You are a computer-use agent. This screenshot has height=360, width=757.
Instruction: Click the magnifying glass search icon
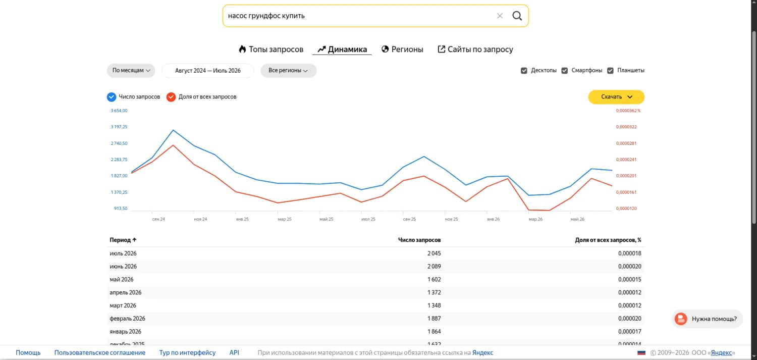(517, 16)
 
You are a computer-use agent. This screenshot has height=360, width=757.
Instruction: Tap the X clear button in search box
(500, 16)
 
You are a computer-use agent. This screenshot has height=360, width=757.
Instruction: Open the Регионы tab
(402, 49)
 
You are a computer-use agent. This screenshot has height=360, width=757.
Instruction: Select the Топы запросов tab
(271, 49)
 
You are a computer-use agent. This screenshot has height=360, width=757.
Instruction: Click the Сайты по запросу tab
(475, 49)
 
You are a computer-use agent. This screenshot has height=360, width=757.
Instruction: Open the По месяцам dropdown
(131, 70)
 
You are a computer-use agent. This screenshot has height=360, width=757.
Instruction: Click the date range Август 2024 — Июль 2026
(208, 70)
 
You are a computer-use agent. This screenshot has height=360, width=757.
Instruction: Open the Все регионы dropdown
(288, 70)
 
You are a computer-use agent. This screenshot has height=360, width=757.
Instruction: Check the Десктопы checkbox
(524, 70)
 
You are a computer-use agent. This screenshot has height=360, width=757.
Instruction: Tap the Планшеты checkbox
(610, 70)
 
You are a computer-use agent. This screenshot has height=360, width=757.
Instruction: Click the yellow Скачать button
(616, 96)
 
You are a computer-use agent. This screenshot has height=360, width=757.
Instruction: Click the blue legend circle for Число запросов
(112, 97)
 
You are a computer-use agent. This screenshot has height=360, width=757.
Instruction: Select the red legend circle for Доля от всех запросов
(171, 97)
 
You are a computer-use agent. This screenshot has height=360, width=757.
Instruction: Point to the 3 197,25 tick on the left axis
(119, 127)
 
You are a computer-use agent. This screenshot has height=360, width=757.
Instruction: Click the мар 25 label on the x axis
(285, 219)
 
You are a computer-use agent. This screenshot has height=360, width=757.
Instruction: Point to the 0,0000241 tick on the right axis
(626, 160)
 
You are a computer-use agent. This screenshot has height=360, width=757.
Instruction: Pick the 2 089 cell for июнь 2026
(434, 267)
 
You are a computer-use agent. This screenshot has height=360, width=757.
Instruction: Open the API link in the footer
(234, 352)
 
